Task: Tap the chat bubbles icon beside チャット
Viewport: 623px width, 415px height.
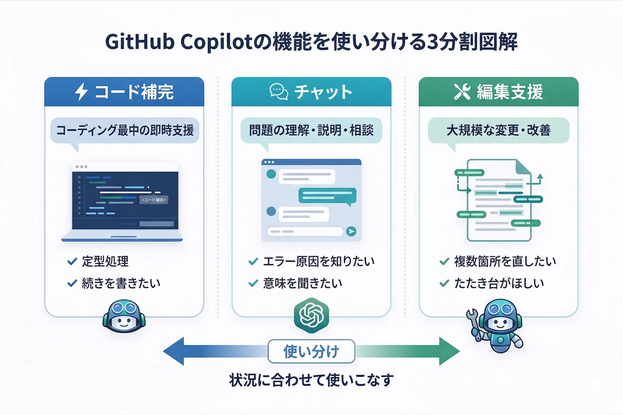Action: [x=279, y=92]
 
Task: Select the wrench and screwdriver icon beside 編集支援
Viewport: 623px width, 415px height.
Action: [x=462, y=92]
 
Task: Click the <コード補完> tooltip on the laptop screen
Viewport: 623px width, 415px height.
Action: [x=154, y=200]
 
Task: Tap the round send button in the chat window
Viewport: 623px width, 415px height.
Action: [x=351, y=231]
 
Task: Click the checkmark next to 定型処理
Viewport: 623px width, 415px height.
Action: [x=72, y=261]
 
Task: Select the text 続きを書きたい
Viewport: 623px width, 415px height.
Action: [x=121, y=283]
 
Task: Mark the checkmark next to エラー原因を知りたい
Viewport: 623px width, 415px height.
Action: [x=253, y=261]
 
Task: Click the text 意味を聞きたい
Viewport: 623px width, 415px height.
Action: [x=302, y=283]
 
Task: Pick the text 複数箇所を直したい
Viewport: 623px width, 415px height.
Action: [x=505, y=261]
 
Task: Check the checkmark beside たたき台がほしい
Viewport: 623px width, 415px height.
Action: [x=444, y=283]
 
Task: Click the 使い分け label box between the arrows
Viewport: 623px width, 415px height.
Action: [x=311, y=351]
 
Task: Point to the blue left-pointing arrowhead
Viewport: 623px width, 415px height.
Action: [x=173, y=351]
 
